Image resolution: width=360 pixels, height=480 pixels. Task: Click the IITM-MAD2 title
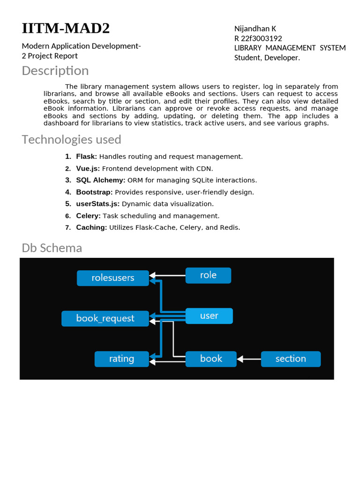point(66,29)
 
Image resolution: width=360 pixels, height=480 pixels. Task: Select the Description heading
point(55,71)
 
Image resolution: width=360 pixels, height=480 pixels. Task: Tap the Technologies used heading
point(71,140)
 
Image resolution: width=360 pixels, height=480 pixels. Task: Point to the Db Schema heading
point(52,248)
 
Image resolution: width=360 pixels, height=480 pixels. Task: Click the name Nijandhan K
point(255,29)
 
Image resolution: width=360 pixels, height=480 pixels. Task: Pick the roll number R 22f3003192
point(258,38)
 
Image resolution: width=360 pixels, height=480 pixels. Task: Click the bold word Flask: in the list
point(87,157)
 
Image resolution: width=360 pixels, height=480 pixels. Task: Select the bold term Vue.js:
point(88,169)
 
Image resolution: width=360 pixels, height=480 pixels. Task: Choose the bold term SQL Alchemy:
point(101,180)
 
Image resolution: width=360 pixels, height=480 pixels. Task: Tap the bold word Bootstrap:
point(94,192)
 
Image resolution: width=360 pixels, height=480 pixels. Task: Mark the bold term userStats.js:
point(98,204)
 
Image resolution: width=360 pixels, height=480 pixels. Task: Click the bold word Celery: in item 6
point(89,216)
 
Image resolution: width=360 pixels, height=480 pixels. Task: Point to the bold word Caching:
point(92,228)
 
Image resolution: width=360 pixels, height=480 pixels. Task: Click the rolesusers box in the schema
point(113,278)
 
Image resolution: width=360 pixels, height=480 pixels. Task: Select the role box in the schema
point(208,275)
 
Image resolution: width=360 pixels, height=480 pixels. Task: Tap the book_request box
point(105,319)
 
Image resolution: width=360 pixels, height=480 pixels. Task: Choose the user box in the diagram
point(209,316)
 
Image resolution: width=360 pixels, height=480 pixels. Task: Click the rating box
point(122,359)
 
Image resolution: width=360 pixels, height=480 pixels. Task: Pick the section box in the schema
point(291,359)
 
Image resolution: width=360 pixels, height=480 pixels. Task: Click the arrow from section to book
point(249,359)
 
